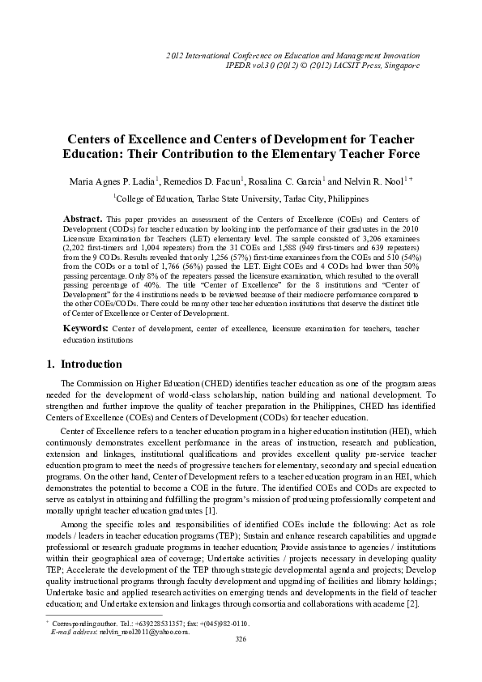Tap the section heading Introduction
point(92,386)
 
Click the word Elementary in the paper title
point(305,154)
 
